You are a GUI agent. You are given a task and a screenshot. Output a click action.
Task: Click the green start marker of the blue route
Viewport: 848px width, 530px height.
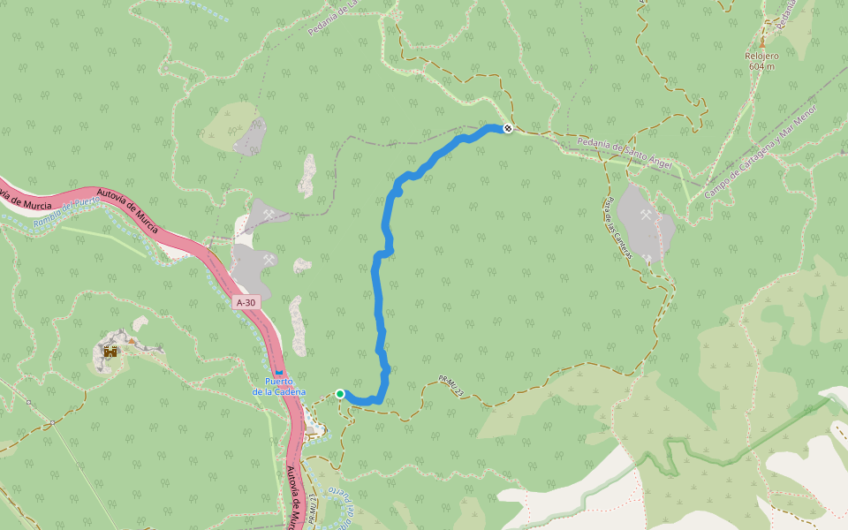[x=340, y=394]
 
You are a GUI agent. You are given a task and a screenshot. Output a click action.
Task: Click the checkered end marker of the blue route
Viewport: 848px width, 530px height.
[x=508, y=128]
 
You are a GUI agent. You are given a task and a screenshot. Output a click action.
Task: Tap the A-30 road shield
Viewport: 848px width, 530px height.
[x=246, y=303]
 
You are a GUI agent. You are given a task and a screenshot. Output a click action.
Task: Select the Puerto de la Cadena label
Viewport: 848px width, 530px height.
[x=279, y=386]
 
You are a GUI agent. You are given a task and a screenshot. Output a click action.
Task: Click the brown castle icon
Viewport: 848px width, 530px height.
[x=110, y=352]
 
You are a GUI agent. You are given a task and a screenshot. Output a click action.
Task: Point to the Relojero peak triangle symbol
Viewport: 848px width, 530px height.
[x=761, y=42]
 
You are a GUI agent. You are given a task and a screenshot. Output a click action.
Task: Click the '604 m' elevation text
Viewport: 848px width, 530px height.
[x=761, y=66]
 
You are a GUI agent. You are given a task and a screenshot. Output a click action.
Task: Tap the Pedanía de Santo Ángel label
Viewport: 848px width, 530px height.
[x=624, y=153]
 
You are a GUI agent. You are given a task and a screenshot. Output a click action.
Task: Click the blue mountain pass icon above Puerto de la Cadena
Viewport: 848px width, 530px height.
[x=279, y=372]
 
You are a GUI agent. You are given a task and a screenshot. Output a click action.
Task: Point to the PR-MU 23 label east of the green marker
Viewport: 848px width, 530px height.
[x=450, y=386]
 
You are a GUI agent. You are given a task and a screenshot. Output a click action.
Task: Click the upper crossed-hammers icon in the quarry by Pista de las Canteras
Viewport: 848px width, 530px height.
[x=647, y=215]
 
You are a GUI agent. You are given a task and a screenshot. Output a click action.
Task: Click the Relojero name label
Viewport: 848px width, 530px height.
[x=761, y=55]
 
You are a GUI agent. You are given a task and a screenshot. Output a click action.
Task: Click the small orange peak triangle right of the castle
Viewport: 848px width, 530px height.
[x=132, y=340]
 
